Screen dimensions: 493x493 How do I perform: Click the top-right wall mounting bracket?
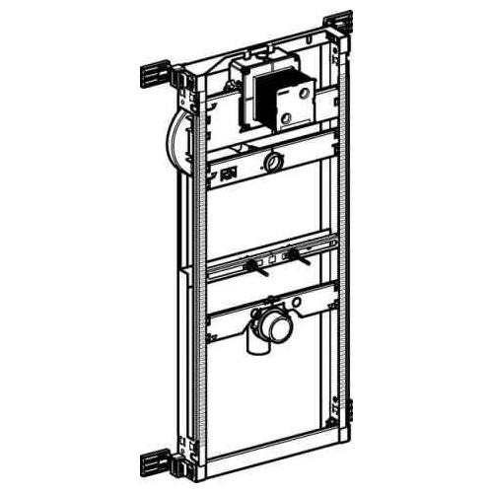tap(338, 25)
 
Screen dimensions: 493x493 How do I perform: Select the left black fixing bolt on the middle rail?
tap(254, 265)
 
